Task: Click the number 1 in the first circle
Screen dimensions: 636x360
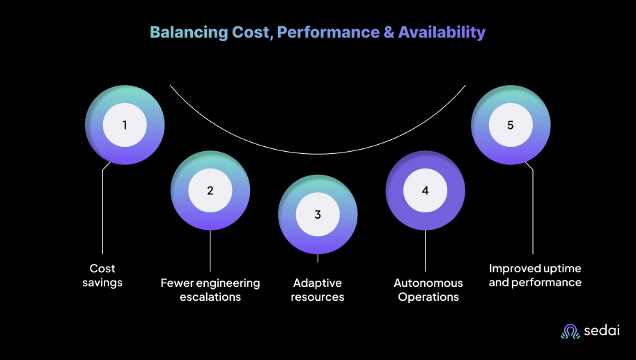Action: (x=125, y=125)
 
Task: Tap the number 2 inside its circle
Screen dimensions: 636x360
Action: (x=210, y=190)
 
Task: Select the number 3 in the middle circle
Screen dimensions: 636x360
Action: (x=318, y=214)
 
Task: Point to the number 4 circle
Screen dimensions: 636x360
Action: (x=425, y=190)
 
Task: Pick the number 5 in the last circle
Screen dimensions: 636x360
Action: (x=511, y=125)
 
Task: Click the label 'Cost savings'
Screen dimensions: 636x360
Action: (x=102, y=275)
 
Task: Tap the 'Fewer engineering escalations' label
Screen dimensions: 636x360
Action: (x=210, y=290)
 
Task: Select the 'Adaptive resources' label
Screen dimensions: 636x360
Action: (x=318, y=290)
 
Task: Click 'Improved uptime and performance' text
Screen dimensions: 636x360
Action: (x=535, y=275)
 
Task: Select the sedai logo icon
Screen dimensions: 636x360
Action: (x=571, y=331)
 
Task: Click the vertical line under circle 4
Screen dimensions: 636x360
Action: (x=425, y=251)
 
